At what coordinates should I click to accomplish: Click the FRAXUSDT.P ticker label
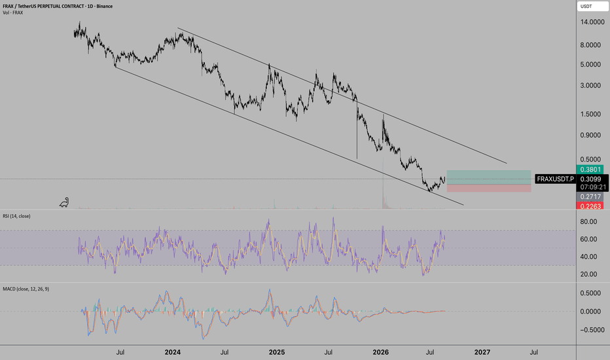(x=555, y=179)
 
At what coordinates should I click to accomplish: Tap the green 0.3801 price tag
(x=590, y=170)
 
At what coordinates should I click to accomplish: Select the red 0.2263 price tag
(x=590, y=206)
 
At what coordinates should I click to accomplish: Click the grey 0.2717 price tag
(x=590, y=197)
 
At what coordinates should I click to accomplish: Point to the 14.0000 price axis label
(x=592, y=22)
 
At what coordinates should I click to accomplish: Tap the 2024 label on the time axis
(x=172, y=352)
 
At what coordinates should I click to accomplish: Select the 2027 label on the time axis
(x=482, y=352)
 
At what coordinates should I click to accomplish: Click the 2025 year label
(x=277, y=352)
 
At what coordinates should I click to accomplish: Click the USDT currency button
(x=592, y=7)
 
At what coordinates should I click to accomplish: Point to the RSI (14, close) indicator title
(x=16, y=216)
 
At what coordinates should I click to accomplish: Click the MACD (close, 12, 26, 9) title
(x=26, y=289)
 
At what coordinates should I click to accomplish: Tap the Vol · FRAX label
(x=13, y=13)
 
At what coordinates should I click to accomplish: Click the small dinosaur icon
(x=64, y=202)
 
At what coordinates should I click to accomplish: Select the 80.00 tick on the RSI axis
(x=588, y=221)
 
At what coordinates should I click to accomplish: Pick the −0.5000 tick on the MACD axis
(x=590, y=330)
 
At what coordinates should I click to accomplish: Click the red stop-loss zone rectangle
(x=489, y=189)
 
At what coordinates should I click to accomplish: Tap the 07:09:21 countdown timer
(x=593, y=187)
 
